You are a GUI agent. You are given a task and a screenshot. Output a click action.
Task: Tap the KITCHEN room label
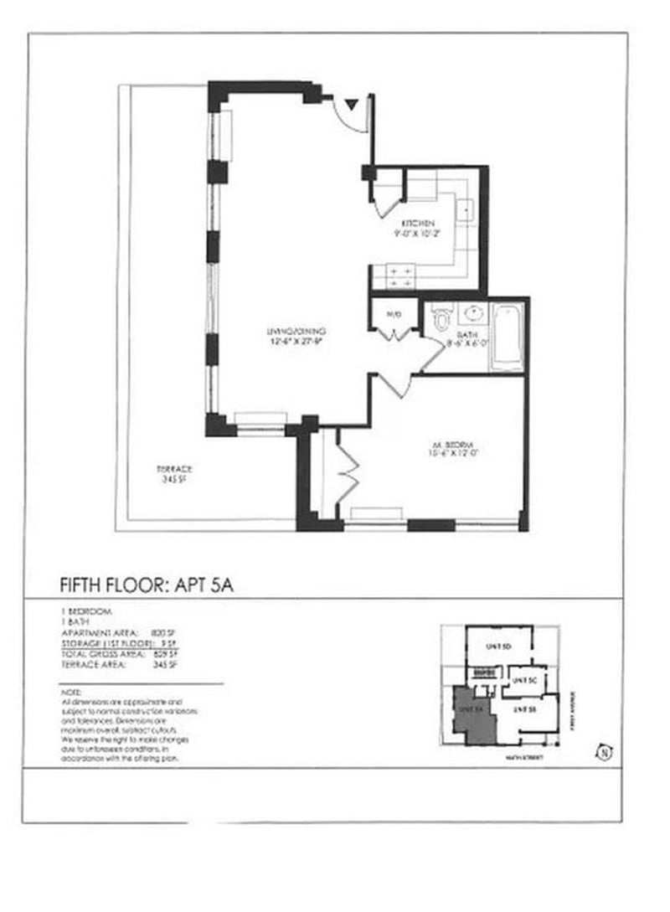[x=418, y=223]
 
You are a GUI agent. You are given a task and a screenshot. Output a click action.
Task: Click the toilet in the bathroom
[x=441, y=317]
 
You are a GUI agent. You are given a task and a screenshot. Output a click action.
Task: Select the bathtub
[x=507, y=337]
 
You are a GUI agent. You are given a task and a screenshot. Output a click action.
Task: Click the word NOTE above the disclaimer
[x=71, y=693]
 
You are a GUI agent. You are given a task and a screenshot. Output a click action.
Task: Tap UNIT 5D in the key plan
[x=499, y=647]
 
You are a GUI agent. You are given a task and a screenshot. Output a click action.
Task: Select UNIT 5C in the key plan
[x=524, y=679]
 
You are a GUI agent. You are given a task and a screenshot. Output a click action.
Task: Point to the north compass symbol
[x=602, y=752]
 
